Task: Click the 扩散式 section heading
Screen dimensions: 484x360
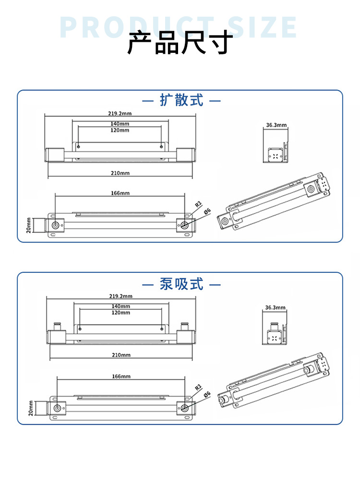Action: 181,100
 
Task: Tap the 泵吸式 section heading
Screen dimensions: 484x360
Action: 181,284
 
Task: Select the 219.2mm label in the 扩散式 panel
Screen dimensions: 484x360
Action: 120,113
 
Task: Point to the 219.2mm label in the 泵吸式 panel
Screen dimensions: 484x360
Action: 120,296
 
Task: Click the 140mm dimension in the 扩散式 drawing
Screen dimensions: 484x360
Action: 120,124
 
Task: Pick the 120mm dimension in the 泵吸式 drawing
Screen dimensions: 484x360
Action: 120,313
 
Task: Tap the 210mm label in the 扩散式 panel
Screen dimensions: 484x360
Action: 120,173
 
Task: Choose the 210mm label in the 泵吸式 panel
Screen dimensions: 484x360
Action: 120,355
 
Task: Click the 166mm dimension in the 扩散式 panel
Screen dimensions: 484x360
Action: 120,193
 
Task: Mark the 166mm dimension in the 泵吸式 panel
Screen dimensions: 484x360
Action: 120,376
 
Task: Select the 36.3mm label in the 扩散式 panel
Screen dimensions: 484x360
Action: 276,125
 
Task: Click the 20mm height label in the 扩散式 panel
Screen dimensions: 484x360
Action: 29,225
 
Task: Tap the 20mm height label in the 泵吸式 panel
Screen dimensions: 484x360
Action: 30,408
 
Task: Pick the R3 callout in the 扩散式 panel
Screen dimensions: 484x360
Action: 197,204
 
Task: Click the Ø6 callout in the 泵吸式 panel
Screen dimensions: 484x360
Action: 207,395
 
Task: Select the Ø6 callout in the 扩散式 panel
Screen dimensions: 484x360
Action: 207,211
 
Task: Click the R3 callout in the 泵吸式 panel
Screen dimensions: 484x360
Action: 198,387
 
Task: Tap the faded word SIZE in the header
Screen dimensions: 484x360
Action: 262,27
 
